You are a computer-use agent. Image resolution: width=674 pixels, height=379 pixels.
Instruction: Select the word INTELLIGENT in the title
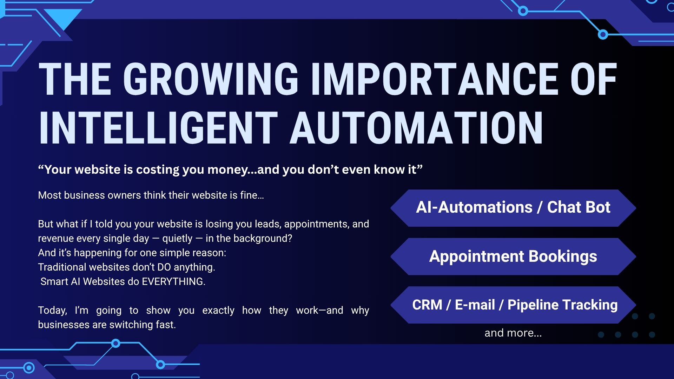[158, 128]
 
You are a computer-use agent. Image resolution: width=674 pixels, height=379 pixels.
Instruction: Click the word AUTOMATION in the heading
[416, 128]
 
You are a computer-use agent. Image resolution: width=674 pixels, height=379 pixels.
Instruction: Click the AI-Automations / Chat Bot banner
[513, 208]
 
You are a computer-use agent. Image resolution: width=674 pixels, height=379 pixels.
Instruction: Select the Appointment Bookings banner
[513, 257]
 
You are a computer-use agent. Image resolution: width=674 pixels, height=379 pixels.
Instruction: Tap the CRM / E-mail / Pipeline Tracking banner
[513, 305]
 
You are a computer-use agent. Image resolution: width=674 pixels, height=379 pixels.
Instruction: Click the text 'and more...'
[513, 333]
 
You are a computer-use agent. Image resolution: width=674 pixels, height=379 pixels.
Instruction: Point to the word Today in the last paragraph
[52, 311]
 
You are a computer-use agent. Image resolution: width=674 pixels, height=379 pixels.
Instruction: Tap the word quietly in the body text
[177, 239]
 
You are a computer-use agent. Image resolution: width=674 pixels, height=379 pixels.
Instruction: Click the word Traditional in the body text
[62, 267]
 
